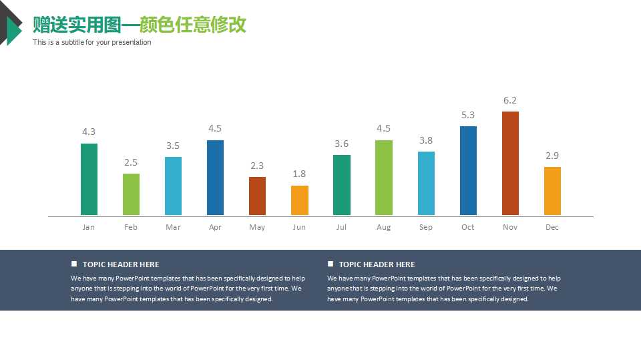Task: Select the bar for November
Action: (x=510, y=164)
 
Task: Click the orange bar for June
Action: (x=299, y=200)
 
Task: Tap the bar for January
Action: (x=89, y=179)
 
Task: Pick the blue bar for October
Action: (x=468, y=171)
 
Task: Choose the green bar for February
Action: (x=131, y=194)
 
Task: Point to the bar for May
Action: (x=257, y=196)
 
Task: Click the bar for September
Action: (x=426, y=183)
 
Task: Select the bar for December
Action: (x=552, y=191)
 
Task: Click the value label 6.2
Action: (x=510, y=101)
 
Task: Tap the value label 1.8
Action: (x=299, y=174)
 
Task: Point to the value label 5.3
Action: (x=468, y=116)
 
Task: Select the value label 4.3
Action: (x=89, y=132)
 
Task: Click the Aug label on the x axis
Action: (x=383, y=227)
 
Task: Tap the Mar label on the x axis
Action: (x=173, y=227)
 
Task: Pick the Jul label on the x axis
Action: (x=341, y=227)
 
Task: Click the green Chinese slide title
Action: (x=140, y=25)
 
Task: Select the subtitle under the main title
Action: (x=92, y=43)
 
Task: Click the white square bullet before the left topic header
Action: (x=74, y=264)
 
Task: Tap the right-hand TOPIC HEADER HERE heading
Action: (x=377, y=264)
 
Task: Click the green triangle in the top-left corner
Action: (x=12, y=31)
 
